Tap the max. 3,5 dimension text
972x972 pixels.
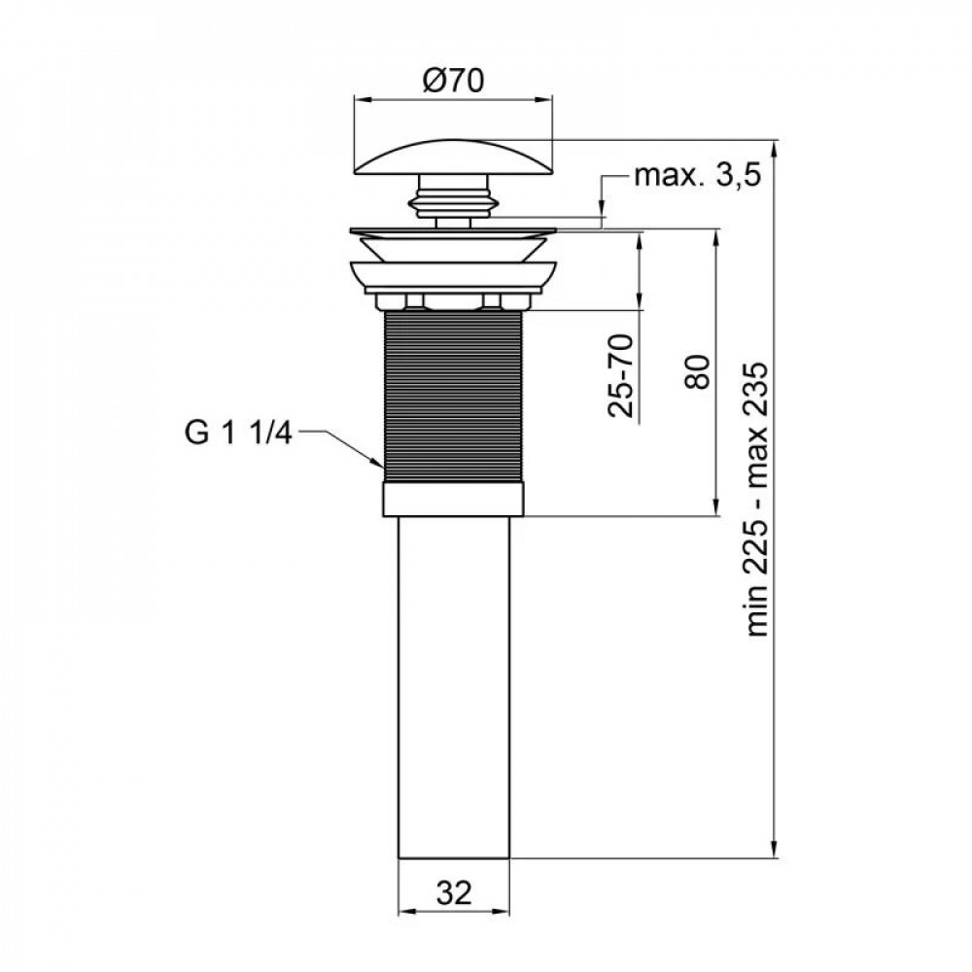coord(695,176)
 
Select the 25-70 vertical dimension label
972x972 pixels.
coord(623,375)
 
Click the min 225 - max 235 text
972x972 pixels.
coord(759,501)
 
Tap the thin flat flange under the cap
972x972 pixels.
coord(454,231)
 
